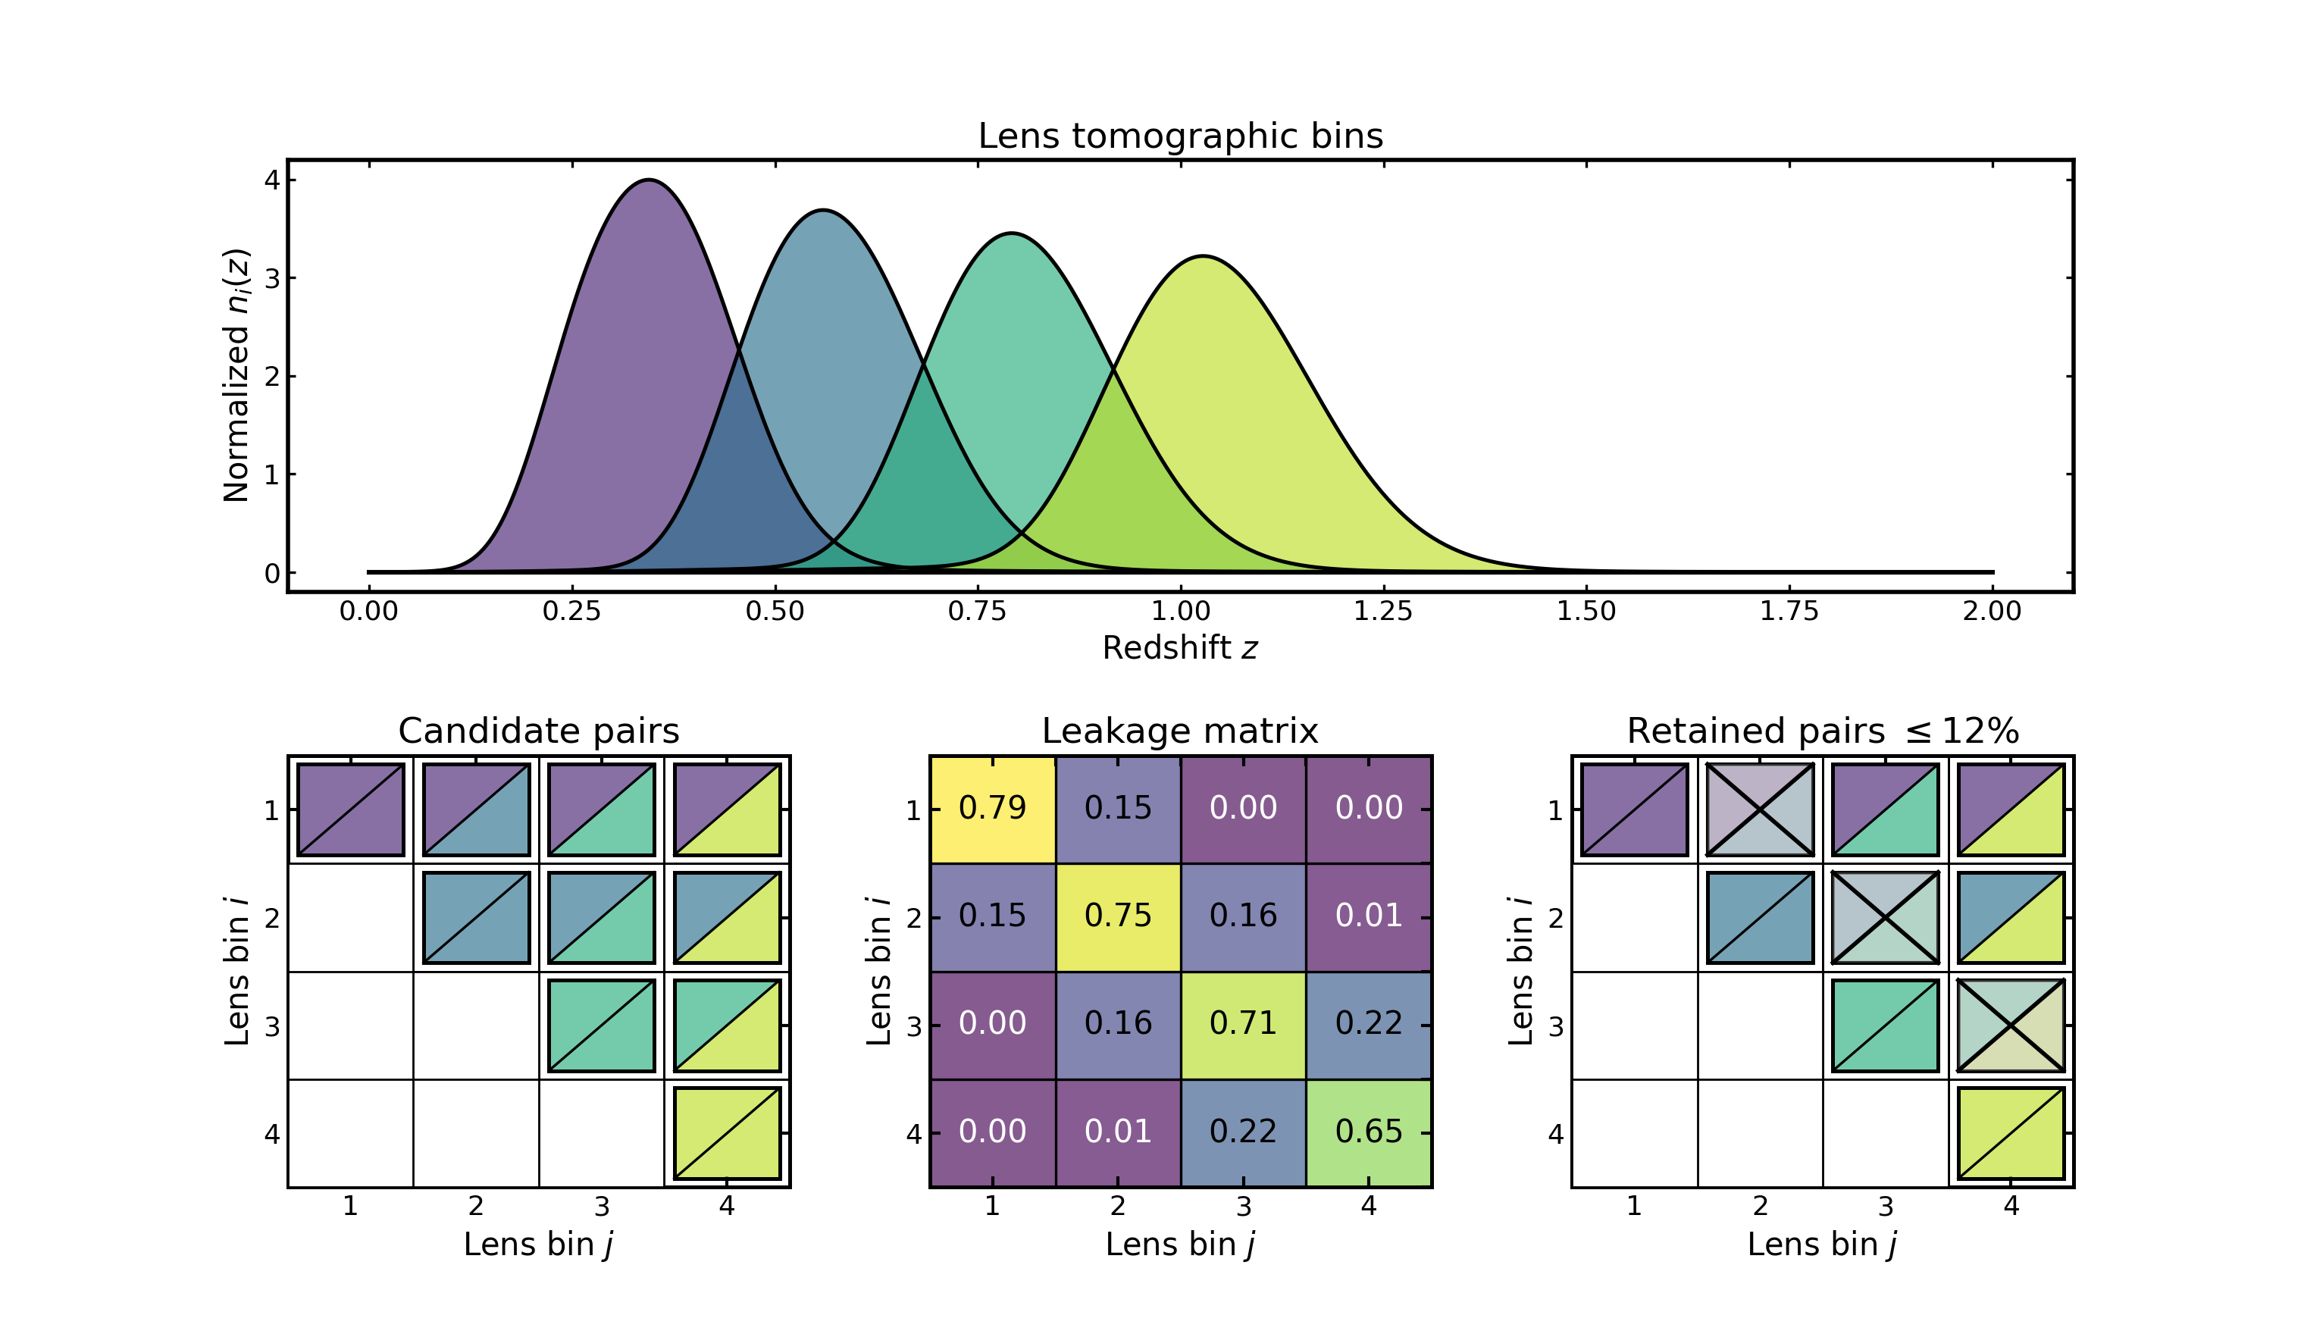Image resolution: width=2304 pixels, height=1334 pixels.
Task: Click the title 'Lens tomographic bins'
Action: point(1179,136)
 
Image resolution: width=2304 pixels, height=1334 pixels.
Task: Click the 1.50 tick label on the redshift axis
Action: point(1586,611)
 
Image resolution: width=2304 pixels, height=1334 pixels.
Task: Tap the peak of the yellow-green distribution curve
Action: point(1204,257)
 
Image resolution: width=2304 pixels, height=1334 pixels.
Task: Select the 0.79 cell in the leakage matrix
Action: point(992,808)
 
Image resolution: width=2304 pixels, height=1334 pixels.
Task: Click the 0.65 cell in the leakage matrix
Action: point(1369,1132)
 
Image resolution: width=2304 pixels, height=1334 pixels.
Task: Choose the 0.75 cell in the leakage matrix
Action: point(1117,916)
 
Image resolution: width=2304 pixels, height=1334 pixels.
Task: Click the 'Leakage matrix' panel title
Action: point(1179,731)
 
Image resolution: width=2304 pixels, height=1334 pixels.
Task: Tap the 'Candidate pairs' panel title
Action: point(539,731)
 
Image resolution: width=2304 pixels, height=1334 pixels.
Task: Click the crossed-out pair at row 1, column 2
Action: point(1760,810)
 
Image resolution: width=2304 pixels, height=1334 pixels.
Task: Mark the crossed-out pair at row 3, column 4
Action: point(2011,1025)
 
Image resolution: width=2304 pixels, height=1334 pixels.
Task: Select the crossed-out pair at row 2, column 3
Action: point(1885,917)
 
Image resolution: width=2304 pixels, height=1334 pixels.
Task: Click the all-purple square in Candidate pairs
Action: point(350,810)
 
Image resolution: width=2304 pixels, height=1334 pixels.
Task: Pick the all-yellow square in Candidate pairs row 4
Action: point(727,1133)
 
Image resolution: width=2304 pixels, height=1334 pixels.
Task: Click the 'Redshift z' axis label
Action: point(1179,648)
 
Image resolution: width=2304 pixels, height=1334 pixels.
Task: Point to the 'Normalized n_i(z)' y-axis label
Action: point(236,375)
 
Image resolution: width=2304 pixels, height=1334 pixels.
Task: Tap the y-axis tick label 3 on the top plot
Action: point(271,278)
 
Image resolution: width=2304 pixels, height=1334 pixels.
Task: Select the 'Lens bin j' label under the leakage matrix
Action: point(1179,1245)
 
